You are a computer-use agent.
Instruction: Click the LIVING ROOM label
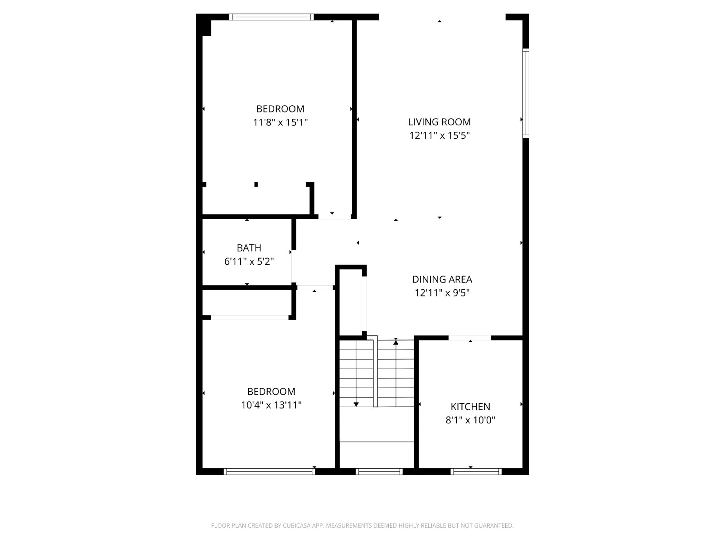tap(439, 122)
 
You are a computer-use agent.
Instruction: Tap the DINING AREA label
tap(442, 279)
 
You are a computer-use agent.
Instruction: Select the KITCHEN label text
tap(470, 407)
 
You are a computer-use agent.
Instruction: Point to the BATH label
tap(249, 248)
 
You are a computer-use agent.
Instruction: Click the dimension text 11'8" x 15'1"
tap(280, 122)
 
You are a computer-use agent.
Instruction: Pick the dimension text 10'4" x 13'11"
tap(271, 405)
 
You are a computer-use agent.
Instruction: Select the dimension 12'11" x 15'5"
tap(440, 136)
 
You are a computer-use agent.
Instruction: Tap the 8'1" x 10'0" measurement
tap(470, 420)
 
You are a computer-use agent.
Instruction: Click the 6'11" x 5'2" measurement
tap(249, 262)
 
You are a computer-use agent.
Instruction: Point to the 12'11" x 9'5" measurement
tap(442, 293)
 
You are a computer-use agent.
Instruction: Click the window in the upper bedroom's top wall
tap(271, 17)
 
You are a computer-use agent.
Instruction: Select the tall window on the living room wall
tap(526, 93)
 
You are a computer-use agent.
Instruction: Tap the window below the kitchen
tap(476, 471)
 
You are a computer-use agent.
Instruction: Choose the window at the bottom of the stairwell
tap(379, 471)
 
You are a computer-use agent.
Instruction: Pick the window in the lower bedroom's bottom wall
tap(270, 471)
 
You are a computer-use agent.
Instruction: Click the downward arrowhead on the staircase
tap(356, 404)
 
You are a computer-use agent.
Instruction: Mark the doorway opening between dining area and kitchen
tap(469, 338)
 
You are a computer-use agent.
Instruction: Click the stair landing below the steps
tap(377, 437)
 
